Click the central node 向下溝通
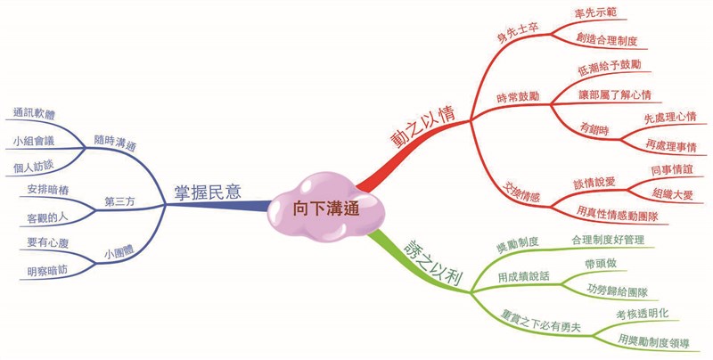click(x=326, y=209)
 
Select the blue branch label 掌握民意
click(x=208, y=192)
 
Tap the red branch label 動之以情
click(x=423, y=127)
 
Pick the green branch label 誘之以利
click(x=433, y=263)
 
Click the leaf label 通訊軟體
click(x=34, y=113)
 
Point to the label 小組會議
click(x=34, y=141)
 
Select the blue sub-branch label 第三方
click(x=119, y=201)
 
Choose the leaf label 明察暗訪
click(x=47, y=272)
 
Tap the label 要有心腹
click(x=48, y=242)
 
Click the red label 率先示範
click(x=596, y=12)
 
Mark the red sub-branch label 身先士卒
click(x=518, y=32)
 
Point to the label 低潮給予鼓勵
click(x=610, y=67)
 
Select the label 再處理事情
click(x=671, y=145)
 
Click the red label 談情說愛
click(x=594, y=183)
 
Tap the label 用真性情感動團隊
click(x=617, y=213)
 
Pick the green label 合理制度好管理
click(x=608, y=240)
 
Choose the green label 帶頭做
click(x=601, y=264)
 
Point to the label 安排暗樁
click(x=48, y=190)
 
